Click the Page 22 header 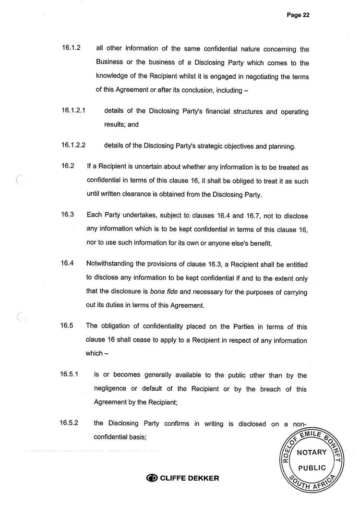tap(298, 15)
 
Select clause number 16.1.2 tap(71, 48)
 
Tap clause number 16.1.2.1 tap(73, 111)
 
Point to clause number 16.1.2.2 tap(73, 146)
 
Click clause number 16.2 tap(68, 167)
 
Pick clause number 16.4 tap(67, 264)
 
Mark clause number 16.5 tap(67, 325)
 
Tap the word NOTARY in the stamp tap(312, 452)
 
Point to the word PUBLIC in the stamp tap(312, 468)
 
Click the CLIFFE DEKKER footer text tap(189, 478)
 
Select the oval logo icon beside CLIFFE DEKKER tap(152, 478)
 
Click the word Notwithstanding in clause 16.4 tap(109, 265)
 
